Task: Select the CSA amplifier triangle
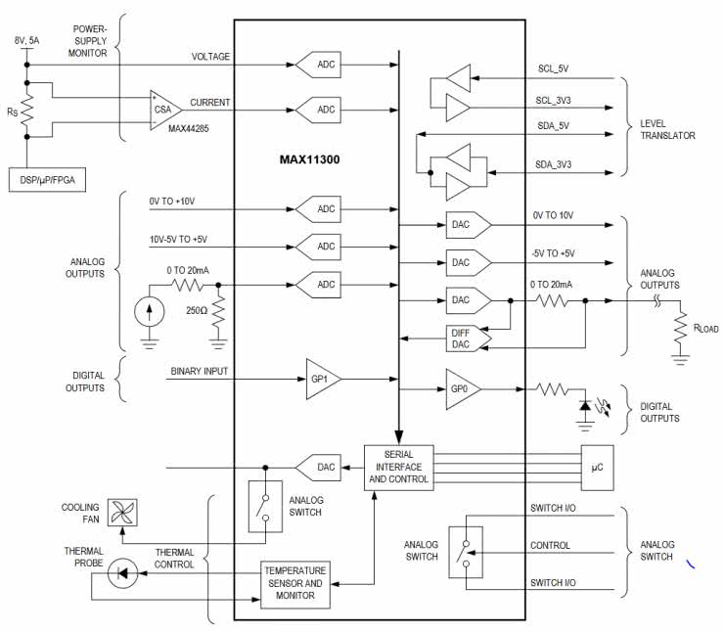point(165,108)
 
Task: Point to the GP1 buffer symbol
point(320,378)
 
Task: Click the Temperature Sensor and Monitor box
point(296,581)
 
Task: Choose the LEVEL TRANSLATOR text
point(668,129)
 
